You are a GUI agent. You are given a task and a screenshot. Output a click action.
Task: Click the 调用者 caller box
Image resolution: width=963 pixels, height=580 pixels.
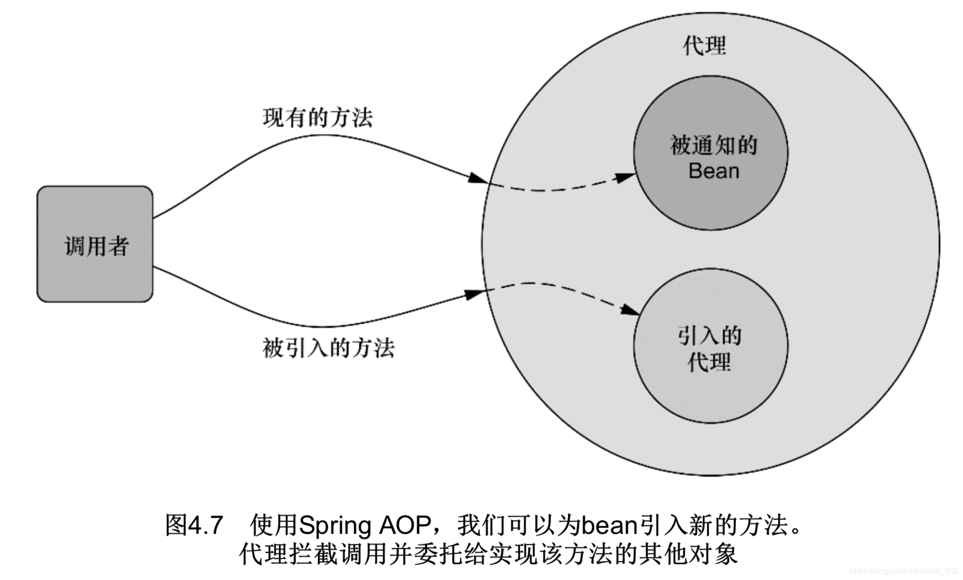95,244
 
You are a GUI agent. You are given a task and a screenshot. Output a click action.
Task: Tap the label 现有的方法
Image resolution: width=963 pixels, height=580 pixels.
317,118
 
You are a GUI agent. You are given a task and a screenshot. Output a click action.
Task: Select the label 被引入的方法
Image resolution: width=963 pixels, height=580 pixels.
328,348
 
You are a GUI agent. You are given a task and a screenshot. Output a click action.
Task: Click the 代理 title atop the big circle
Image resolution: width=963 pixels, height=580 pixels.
704,45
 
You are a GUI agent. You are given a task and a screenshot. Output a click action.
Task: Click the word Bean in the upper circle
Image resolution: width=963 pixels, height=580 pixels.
713,171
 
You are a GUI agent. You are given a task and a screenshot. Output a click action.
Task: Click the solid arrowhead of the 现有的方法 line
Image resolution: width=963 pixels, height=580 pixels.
477,177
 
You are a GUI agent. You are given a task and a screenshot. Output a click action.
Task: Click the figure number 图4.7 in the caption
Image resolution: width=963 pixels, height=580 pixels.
194,525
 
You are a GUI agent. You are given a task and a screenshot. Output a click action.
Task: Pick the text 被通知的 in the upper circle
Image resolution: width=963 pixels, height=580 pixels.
713,146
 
